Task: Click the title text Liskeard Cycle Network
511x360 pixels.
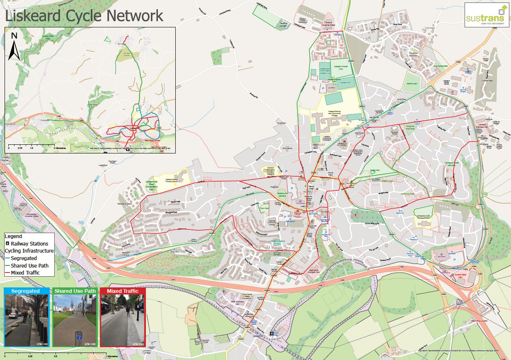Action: (84, 15)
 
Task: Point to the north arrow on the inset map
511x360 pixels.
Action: (14, 46)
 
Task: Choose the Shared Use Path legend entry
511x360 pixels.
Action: (29, 265)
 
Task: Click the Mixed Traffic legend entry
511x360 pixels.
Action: (25, 272)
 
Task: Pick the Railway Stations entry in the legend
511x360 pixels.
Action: (29, 243)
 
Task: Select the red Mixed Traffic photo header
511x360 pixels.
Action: (123, 291)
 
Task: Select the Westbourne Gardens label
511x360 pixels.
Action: (282, 194)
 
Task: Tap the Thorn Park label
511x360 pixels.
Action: (264, 208)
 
